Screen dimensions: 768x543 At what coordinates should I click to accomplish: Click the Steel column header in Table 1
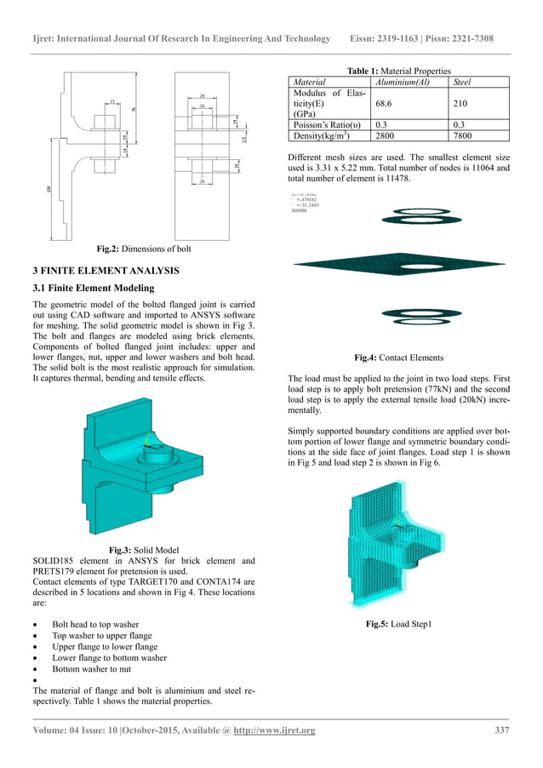coord(464,83)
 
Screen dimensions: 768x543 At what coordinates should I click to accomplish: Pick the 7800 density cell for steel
coord(465,135)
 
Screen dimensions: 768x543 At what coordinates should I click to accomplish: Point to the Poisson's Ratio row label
coord(325,123)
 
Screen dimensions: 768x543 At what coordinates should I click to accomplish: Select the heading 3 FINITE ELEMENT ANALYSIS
coord(104,271)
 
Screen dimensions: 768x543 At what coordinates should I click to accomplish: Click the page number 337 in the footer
coord(502,731)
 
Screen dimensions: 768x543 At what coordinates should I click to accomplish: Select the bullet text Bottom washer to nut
coord(94,669)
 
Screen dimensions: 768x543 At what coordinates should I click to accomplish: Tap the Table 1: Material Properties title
coord(399,71)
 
